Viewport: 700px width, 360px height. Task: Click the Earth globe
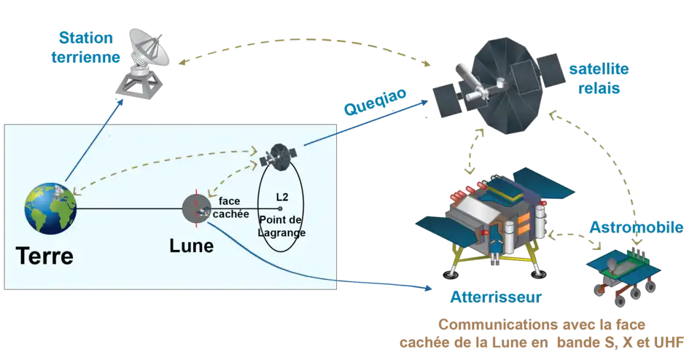50,208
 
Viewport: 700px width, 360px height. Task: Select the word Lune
191,246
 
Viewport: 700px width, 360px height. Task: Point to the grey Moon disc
195,209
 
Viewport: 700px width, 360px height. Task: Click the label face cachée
233,208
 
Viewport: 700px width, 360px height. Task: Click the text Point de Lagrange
281,227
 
